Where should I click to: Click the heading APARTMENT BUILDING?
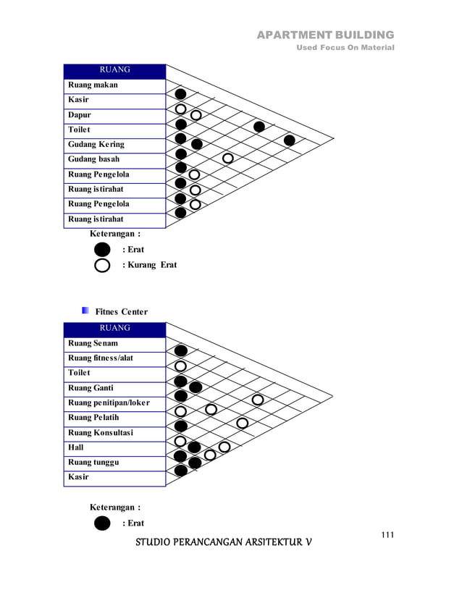point(325,35)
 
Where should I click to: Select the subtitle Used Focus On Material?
point(346,48)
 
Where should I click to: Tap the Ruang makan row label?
point(93,85)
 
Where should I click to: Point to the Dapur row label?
point(80,114)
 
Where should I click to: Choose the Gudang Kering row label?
point(96,144)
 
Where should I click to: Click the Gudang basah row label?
point(94,159)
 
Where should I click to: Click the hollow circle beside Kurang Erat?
point(103,265)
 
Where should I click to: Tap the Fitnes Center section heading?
point(122,312)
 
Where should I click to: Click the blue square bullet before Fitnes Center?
point(85,311)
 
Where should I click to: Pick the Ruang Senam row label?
point(93,343)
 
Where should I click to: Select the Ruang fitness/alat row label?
point(101,358)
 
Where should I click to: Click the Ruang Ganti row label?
point(91,388)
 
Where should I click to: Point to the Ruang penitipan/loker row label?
point(109,403)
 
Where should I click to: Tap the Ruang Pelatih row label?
point(93,418)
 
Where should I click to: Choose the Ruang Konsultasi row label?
point(101,433)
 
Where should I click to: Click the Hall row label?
point(76,447)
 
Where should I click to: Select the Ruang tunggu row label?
point(93,462)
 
